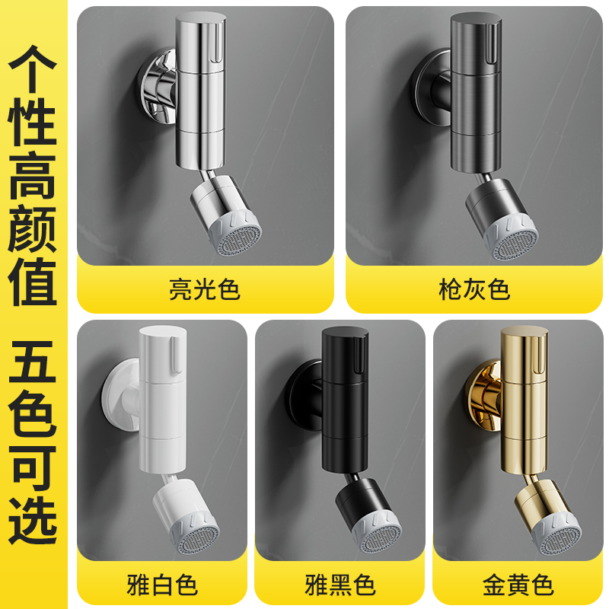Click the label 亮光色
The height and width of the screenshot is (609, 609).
coord(204,290)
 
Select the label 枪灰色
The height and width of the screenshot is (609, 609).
coord(474,290)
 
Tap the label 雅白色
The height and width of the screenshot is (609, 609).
coord(161,585)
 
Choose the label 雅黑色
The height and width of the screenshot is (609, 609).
coord(340,585)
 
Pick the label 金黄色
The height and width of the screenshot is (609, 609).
coord(518,585)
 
